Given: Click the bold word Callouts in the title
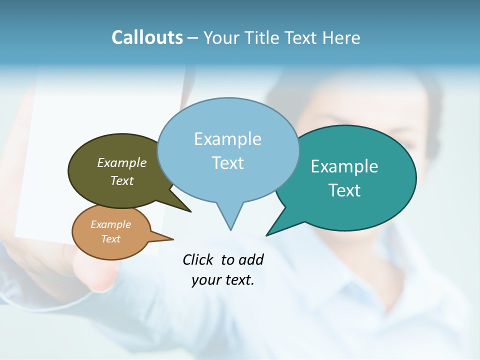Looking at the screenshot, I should tap(147, 37).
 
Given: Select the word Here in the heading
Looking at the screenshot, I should tap(341, 37).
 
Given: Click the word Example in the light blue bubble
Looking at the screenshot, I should tap(227, 139).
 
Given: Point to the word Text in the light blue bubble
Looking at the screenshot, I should tap(227, 162).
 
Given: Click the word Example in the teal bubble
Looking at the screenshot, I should tap(344, 166).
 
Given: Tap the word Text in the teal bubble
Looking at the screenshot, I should tap(344, 190).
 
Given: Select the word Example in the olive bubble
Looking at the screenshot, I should tap(122, 162).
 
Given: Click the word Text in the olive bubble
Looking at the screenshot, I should tap(122, 180).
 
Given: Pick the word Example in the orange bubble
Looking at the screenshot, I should tap(111, 224).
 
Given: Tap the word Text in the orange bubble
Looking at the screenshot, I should tap(111, 239).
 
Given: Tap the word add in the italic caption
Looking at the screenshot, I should tap(251, 259).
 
